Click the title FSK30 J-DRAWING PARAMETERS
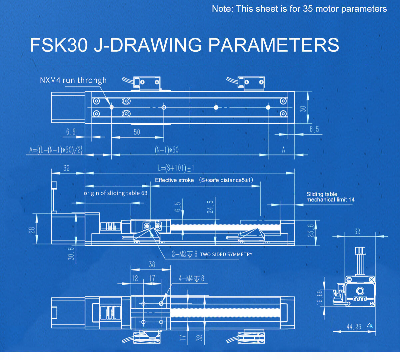[184, 45]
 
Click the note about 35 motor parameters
[299, 9]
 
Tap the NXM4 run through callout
[73, 80]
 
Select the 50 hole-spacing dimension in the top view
[137, 132]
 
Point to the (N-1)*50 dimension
[167, 150]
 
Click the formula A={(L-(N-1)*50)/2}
[56, 150]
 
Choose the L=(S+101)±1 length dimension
[176, 168]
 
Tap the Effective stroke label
[174, 180]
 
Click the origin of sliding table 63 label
[115, 193]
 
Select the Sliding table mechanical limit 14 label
[330, 197]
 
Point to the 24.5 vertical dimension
[210, 207]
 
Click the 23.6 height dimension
[311, 231]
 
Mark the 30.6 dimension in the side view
[71, 253]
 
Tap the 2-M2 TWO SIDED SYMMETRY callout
[212, 254]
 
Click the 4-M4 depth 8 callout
[191, 278]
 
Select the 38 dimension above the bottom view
[152, 265]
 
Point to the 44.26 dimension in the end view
[354, 327]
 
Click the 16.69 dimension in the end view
[320, 297]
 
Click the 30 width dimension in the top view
[303, 108]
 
